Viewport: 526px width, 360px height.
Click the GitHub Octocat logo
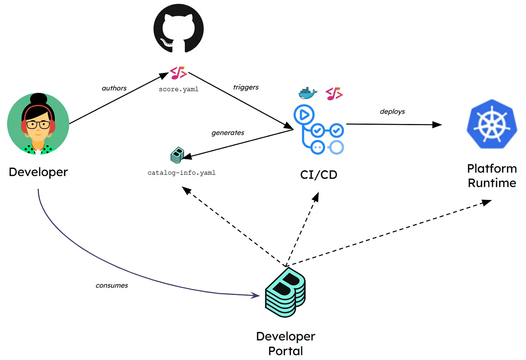(x=179, y=28)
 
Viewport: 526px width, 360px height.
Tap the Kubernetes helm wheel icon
(x=492, y=124)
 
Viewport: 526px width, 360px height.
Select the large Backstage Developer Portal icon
(x=285, y=293)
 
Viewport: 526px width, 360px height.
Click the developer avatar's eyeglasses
(x=38, y=125)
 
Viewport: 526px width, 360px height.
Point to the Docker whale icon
(x=308, y=93)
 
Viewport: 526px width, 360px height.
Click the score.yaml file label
(x=179, y=89)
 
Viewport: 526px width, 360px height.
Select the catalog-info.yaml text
(x=181, y=173)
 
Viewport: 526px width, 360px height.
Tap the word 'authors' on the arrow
(x=114, y=88)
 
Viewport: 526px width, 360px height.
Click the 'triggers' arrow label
(x=246, y=87)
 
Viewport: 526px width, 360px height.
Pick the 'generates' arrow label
(x=228, y=133)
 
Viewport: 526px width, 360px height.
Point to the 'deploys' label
(x=392, y=112)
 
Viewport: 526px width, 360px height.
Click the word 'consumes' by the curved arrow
(x=112, y=286)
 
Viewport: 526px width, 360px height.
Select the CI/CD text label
(x=318, y=175)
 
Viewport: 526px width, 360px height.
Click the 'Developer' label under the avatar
(x=38, y=172)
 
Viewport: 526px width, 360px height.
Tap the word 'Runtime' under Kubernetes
(x=492, y=183)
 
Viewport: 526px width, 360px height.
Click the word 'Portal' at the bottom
(x=285, y=351)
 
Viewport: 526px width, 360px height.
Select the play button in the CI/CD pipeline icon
(x=304, y=115)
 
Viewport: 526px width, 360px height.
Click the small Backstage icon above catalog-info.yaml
(x=177, y=155)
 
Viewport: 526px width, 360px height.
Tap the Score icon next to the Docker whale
(x=334, y=94)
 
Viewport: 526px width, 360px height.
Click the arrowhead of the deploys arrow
(x=438, y=124)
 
